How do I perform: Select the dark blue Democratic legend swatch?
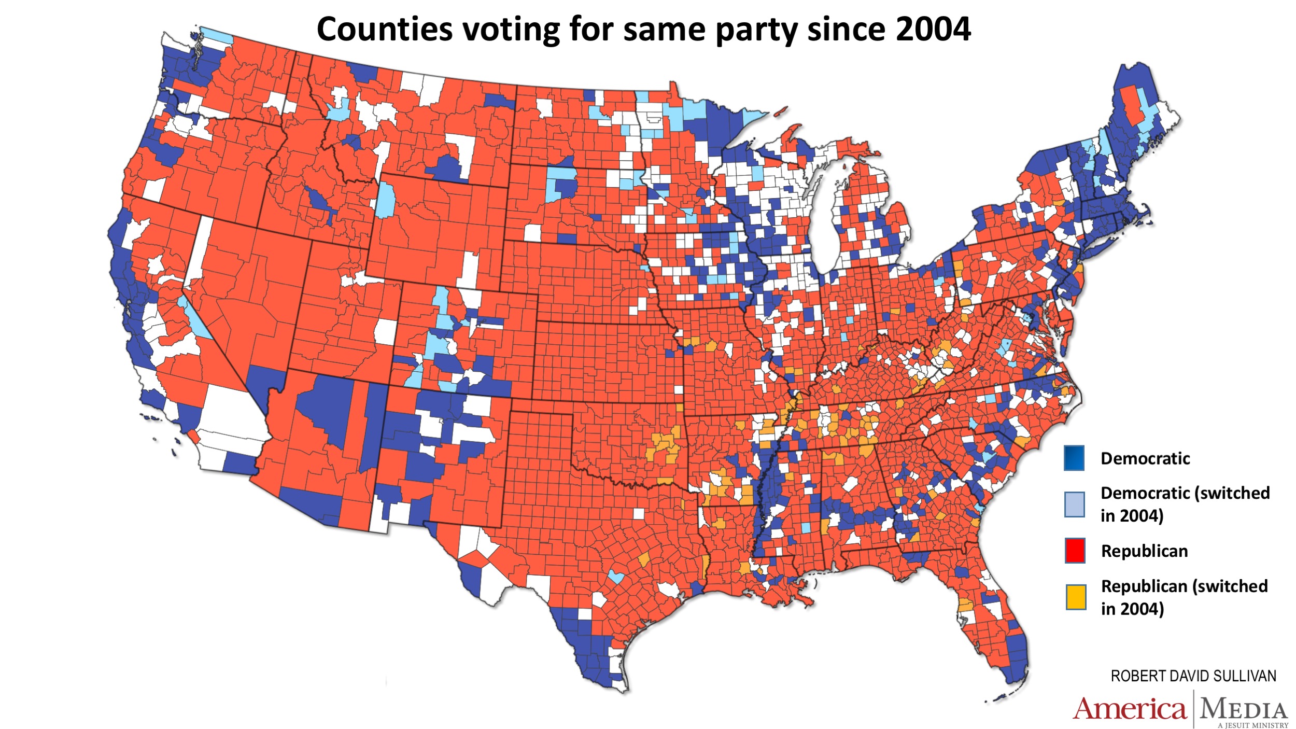click(1074, 458)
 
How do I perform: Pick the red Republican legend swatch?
click(1075, 551)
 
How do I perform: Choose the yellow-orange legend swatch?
click(1076, 597)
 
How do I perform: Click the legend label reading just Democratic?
click(1145, 458)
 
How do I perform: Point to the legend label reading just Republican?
click(1144, 551)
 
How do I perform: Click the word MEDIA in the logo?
click(1243, 709)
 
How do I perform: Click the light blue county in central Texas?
click(616, 577)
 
